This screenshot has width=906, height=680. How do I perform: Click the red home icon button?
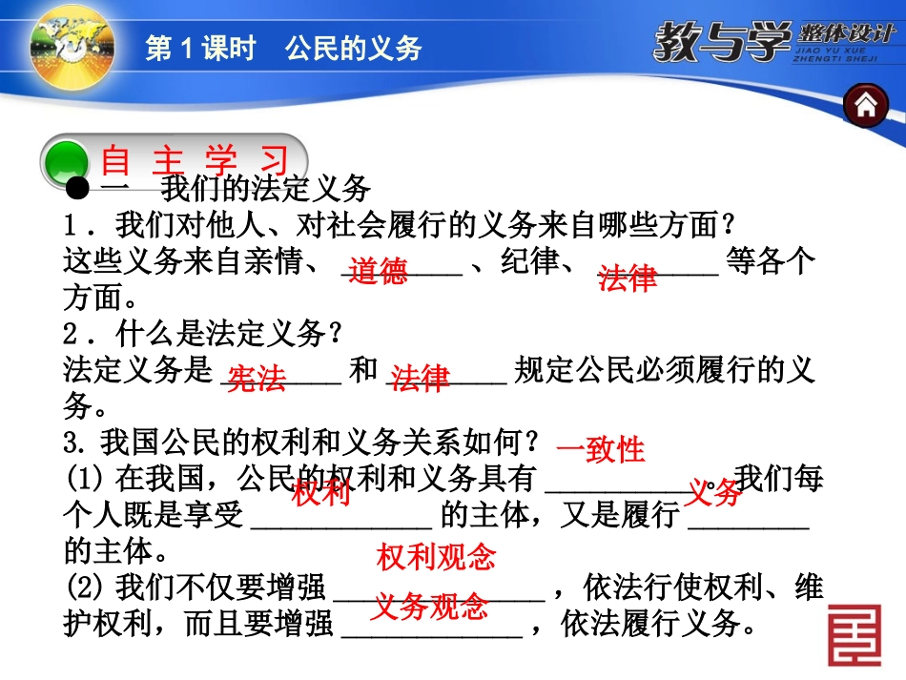pyautogui.click(x=865, y=105)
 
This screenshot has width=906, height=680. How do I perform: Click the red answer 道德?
pyautogui.click(x=378, y=273)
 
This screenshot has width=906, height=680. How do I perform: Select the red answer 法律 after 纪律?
pyautogui.click(x=628, y=278)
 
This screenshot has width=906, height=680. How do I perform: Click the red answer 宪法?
pyautogui.click(x=257, y=380)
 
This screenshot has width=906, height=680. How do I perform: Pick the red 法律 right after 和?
pyautogui.click(x=421, y=379)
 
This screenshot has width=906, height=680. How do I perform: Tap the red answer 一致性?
pyautogui.click(x=601, y=448)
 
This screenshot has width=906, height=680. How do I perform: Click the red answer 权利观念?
pyautogui.click(x=437, y=557)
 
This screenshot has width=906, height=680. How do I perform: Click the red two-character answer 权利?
pyautogui.click(x=320, y=494)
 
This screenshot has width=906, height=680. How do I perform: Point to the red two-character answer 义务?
pyautogui.click(x=714, y=493)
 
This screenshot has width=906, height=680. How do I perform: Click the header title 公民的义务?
pyautogui.click(x=353, y=49)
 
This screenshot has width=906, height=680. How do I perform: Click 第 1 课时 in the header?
pyautogui.click(x=200, y=49)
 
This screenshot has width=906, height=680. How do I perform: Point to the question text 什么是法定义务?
pyautogui.click(x=228, y=333)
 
